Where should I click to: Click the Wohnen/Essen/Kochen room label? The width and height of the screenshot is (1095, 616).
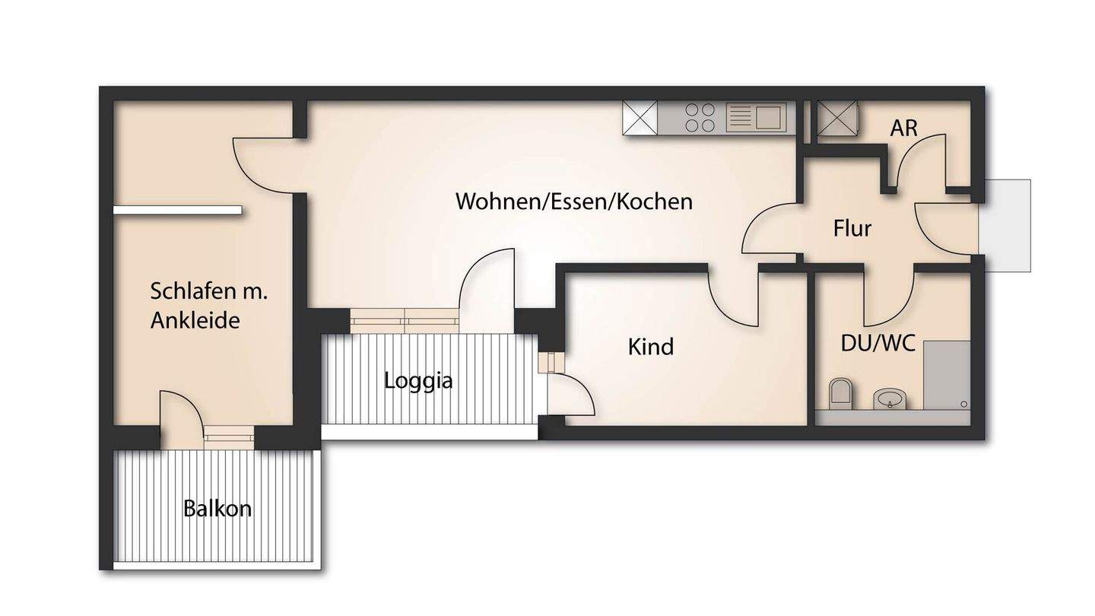click(x=574, y=202)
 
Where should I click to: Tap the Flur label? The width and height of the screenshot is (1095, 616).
click(x=852, y=228)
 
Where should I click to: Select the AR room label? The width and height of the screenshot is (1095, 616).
click(x=904, y=129)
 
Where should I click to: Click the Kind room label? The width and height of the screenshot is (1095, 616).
click(x=650, y=347)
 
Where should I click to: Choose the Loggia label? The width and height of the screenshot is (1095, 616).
click(x=418, y=380)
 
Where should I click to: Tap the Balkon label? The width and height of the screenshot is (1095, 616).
click(x=217, y=508)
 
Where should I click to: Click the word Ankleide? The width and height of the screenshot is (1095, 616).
click(x=195, y=320)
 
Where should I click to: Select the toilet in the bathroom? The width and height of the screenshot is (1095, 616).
click(x=839, y=392)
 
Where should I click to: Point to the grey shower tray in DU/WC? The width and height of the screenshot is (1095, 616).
click(x=947, y=375)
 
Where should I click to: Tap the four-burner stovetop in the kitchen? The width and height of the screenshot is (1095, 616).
click(x=700, y=118)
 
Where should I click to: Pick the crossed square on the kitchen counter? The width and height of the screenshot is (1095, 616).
click(x=640, y=119)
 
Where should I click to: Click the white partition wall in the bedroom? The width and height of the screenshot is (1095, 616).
click(x=177, y=210)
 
